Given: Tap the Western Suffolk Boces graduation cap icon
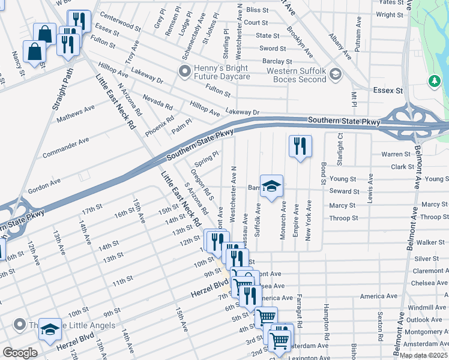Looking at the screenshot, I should click(x=335, y=75).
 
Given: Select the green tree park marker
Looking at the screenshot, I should click(x=434, y=80).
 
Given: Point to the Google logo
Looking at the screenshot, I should click(x=20, y=353).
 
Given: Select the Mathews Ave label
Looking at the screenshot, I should click(x=76, y=113).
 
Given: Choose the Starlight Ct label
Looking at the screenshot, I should click(x=340, y=151).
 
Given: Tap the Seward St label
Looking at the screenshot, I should click(x=344, y=191).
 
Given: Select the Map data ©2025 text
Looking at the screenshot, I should click(x=423, y=355).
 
